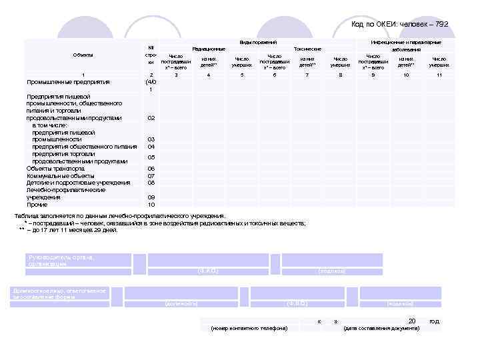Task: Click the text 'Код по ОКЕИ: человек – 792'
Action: pyautogui.click(x=399, y=25)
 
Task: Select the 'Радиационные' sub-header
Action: pyautogui.click(x=209, y=49)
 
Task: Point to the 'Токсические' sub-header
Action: pyautogui.click(x=307, y=49)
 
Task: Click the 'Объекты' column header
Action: pyautogui.click(x=83, y=55)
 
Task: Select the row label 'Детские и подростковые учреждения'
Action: pyautogui.click(x=78, y=183)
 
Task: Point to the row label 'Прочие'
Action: pyautogui.click(x=37, y=205)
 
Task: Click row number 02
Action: pyautogui.click(x=151, y=118)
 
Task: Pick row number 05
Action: pyautogui.click(x=151, y=157)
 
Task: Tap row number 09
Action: pyautogui.click(x=151, y=197)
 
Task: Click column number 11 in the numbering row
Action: pyautogui.click(x=439, y=75)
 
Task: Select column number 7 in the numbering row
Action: pyautogui.click(x=307, y=75)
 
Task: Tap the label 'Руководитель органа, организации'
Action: pyautogui.click(x=61, y=261)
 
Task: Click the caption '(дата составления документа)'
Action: pyautogui.click(x=381, y=328)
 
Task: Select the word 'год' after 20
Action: pyautogui.click(x=435, y=321)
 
